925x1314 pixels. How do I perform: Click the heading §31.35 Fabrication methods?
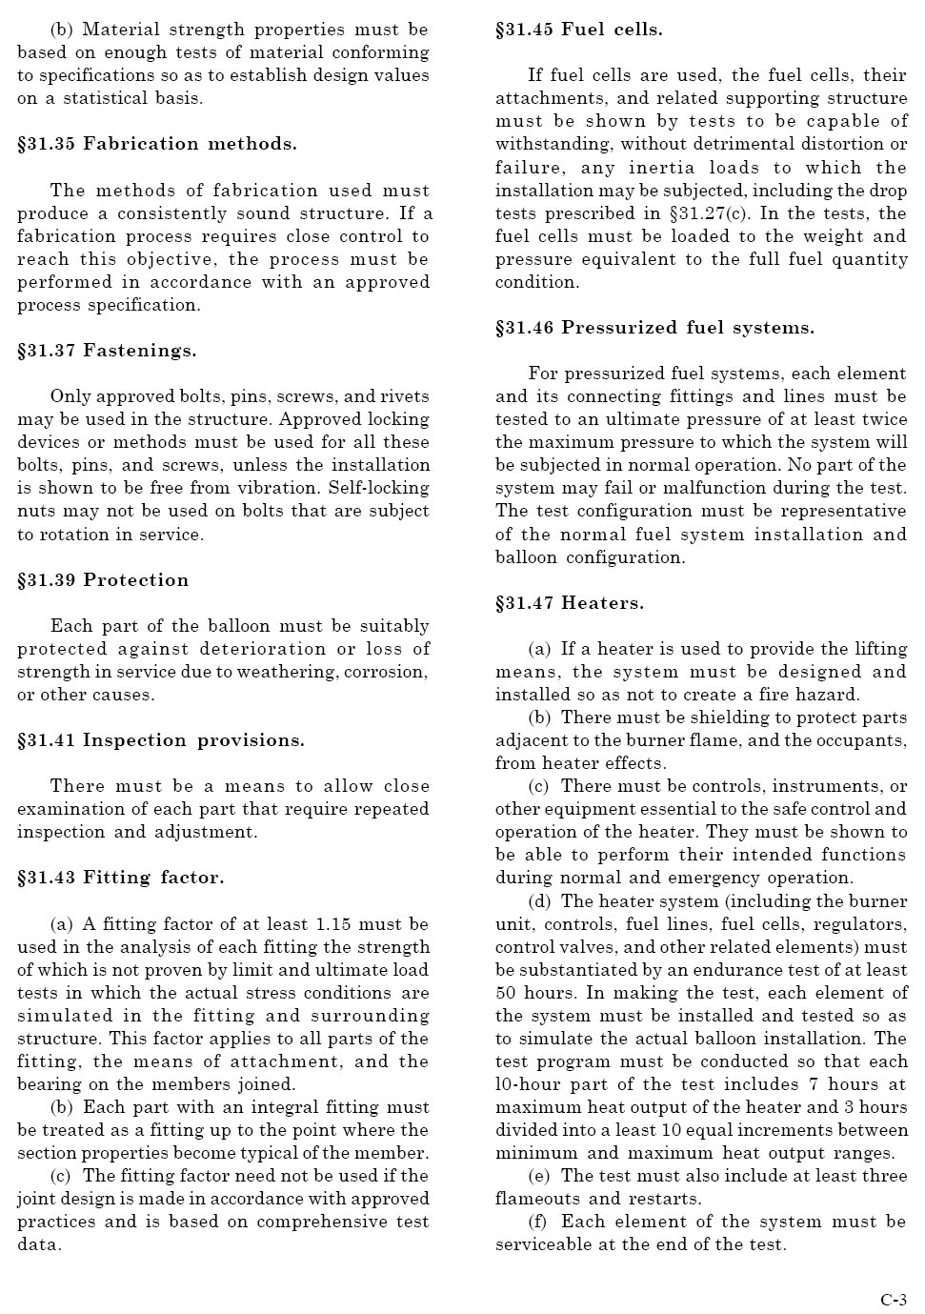tap(157, 144)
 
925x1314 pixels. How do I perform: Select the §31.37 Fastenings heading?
tap(107, 351)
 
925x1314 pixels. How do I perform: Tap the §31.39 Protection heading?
tap(103, 580)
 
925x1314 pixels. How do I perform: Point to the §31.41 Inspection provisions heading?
tap(161, 740)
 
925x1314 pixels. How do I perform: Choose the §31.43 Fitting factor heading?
tap(121, 878)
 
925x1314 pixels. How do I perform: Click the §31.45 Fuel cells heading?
tap(579, 30)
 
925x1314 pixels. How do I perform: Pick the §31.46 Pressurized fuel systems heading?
tap(654, 328)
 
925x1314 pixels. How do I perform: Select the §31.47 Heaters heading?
tap(570, 603)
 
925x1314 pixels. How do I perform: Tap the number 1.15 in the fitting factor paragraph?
tap(333, 924)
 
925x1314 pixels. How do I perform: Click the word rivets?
tap(405, 396)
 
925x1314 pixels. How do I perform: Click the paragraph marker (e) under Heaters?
tap(539, 1176)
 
